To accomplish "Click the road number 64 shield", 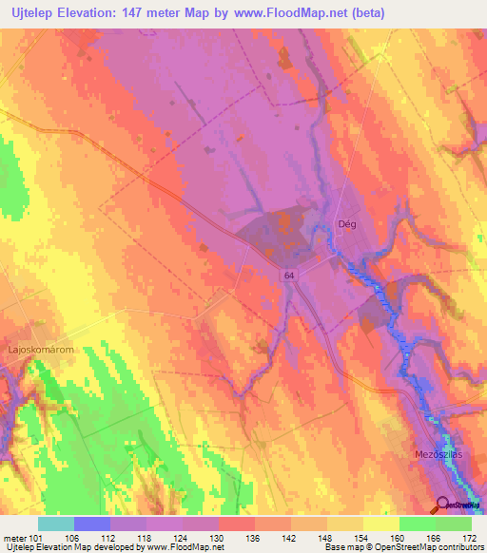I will point(287,274).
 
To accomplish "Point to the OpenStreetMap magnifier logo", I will point(442,505).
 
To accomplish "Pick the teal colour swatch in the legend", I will point(56,524).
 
